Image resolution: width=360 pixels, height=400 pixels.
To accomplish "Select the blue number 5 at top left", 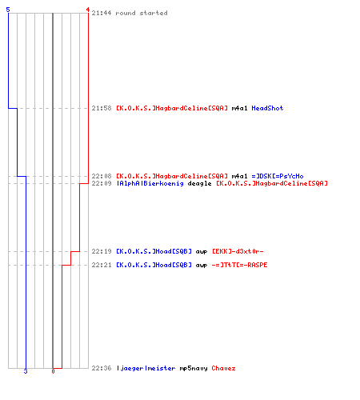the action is click(x=8, y=10).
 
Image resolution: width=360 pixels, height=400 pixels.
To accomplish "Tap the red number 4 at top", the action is click(x=87, y=10).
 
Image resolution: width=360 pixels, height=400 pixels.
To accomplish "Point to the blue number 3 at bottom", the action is click(x=26, y=371).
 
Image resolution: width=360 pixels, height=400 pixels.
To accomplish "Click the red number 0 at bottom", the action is click(x=53, y=371).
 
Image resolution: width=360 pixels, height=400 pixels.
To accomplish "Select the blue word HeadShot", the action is click(x=267, y=108).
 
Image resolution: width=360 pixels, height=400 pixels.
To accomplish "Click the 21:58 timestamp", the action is click(x=102, y=108).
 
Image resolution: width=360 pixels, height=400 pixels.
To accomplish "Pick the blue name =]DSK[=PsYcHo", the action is click(x=278, y=176).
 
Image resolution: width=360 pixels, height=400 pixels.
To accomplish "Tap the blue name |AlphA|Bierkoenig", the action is click(x=150, y=183).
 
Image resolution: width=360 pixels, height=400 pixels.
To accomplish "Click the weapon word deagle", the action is click(x=199, y=183).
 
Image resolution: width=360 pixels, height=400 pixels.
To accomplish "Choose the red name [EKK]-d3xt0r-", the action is click(x=238, y=251).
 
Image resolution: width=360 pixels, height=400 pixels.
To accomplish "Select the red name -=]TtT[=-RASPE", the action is click(x=239, y=265).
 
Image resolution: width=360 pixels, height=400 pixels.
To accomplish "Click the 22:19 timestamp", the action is click(x=102, y=251).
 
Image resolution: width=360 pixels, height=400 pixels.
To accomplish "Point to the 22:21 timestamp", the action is click(x=102, y=265).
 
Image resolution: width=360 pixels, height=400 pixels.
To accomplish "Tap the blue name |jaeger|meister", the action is click(x=146, y=368).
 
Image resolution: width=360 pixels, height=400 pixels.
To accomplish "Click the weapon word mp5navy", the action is click(x=194, y=368).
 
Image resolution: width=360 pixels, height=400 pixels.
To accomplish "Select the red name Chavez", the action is click(x=223, y=368).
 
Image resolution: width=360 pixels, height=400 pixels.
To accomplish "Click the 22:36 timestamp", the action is click(x=102, y=368).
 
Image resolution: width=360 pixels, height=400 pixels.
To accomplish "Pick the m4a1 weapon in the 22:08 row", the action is click(x=239, y=176).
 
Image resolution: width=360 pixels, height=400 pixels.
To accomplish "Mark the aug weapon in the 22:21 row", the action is click(x=202, y=266).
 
